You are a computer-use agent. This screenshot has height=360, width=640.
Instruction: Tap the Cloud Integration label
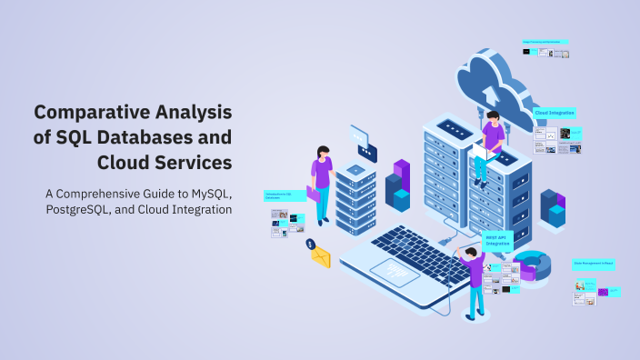555,114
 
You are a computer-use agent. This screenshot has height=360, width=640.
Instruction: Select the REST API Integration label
498,240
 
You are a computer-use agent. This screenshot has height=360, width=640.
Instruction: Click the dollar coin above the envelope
310,244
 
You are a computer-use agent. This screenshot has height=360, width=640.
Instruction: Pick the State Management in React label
595,264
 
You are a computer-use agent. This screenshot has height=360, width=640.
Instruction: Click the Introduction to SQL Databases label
284,195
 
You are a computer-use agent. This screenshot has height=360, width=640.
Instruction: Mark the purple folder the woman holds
314,194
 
